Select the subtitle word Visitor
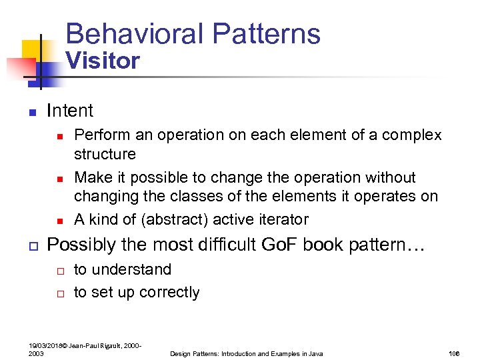pos(103,61)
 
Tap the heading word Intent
pos(70,111)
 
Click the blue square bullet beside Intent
pos(31,111)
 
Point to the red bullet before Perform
pos(59,136)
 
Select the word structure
pos(105,154)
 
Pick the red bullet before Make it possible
pos(59,179)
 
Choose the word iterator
pos(283,219)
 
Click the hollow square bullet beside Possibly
pos(31,245)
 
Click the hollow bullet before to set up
pos(59,293)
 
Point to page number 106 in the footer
pos(455,353)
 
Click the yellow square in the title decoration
pos(31,51)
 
